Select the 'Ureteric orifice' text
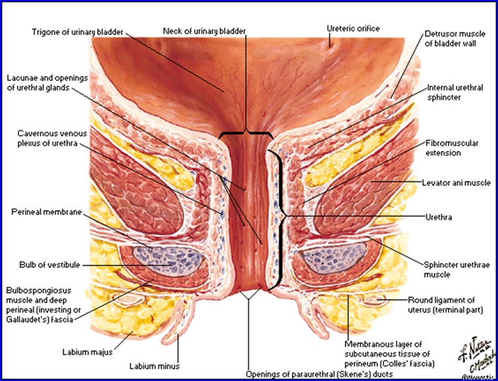click(354, 28)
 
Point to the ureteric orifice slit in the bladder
click(330, 42)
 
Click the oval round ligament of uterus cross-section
click(376, 301)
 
